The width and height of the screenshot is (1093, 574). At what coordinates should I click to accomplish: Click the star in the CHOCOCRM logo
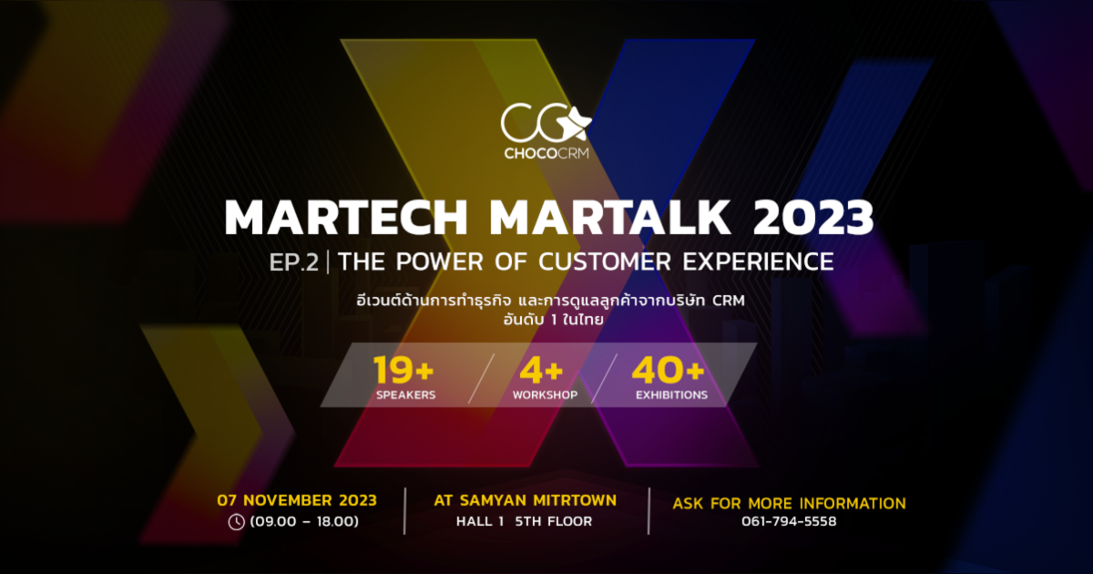coord(577,121)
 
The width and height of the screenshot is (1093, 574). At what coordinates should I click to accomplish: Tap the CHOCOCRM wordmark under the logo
coord(546,153)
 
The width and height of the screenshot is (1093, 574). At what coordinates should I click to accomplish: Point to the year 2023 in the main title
coord(813,217)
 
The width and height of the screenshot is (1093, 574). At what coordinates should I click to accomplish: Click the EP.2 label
coord(294,262)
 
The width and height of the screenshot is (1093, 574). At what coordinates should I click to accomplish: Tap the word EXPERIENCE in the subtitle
coord(761,262)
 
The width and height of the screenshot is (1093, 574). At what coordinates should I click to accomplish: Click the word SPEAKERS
coord(405,395)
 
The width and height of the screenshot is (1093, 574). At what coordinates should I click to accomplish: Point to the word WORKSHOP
coord(545,395)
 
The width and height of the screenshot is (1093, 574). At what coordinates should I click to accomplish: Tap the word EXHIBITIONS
coord(671,395)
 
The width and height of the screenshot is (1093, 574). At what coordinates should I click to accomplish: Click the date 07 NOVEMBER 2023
coord(297,500)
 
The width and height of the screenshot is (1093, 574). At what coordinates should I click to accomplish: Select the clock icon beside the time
coord(236,522)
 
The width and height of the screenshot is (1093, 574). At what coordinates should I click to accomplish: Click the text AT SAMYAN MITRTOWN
coord(525,500)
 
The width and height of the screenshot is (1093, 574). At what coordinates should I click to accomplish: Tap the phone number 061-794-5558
coord(789,522)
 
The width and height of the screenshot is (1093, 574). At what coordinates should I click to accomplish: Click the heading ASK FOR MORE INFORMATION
coord(789,503)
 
